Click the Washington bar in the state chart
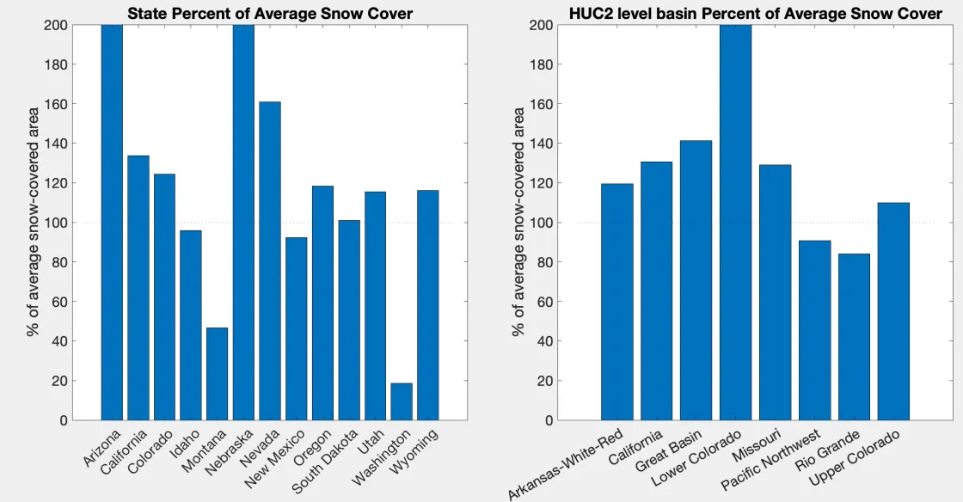[x=402, y=401]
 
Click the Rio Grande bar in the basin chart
[x=854, y=337]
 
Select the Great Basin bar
[x=696, y=280]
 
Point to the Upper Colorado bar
[x=893, y=311]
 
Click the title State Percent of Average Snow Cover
[x=269, y=13]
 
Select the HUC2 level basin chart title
[x=755, y=13]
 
